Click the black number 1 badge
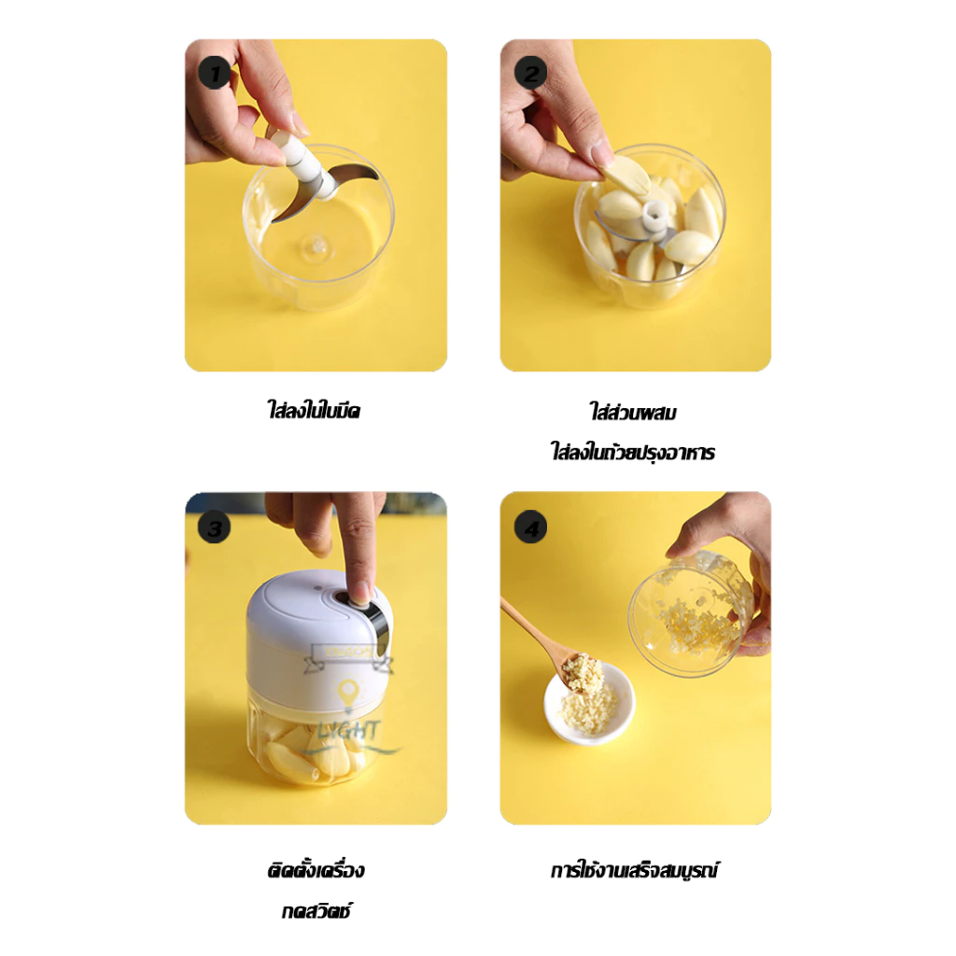[x=214, y=74]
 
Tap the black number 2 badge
[x=530, y=74]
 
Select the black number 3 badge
[x=214, y=527]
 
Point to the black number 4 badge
[x=530, y=527]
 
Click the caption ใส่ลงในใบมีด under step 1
[x=314, y=410]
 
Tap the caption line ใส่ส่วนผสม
[x=633, y=412]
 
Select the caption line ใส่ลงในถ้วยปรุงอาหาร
[x=633, y=453]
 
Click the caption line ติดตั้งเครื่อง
[x=316, y=869]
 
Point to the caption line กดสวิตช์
[x=316, y=911]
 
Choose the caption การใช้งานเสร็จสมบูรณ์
[x=634, y=869]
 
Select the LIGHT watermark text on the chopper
[x=349, y=730]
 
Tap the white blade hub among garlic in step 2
[x=654, y=217]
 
